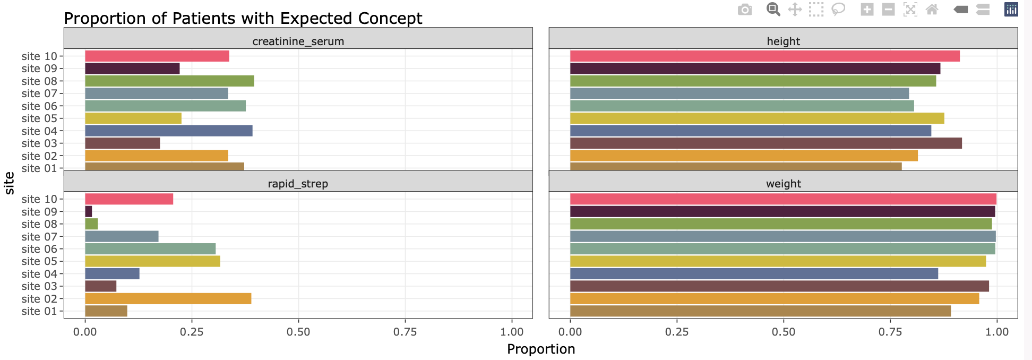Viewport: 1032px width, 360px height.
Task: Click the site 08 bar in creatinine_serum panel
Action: point(169,81)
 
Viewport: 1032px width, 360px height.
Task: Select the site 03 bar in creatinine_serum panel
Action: point(123,143)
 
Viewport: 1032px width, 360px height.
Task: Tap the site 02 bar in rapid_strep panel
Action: point(168,298)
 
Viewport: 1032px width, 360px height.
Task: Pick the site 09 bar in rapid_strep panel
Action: point(89,211)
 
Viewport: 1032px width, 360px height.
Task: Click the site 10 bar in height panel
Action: point(765,56)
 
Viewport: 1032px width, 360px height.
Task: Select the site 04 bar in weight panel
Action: point(754,273)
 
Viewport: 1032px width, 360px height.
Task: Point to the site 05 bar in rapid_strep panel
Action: point(152,261)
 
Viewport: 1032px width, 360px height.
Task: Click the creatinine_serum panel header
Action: point(298,38)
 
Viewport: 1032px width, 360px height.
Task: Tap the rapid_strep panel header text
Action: point(298,184)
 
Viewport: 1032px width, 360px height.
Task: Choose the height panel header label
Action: point(784,41)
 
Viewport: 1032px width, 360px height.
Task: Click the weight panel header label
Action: point(784,184)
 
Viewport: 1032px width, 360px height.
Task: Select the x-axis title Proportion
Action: point(541,349)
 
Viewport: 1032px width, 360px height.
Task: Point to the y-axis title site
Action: point(9,183)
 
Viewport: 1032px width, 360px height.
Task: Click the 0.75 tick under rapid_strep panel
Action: point(405,332)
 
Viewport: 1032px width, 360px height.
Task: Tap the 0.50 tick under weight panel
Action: point(784,332)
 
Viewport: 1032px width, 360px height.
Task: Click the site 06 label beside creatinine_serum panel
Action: point(39,106)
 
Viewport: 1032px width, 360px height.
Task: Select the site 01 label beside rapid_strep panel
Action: point(39,311)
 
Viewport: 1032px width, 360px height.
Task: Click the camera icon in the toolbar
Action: point(745,10)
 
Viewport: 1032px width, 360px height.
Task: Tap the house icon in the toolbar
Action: point(932,10)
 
